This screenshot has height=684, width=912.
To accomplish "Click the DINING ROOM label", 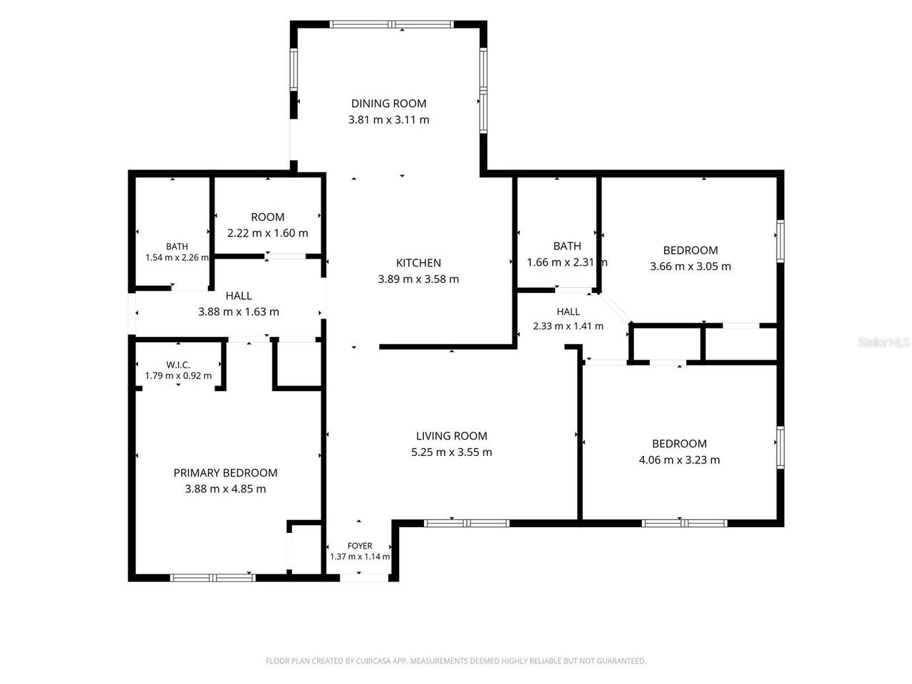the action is tap(388, 103).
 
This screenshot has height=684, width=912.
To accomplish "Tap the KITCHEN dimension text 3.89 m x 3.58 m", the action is tap(418, 279).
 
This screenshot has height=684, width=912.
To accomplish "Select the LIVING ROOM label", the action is tap(451, 435).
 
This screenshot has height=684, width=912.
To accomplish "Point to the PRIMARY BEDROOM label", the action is tap(225, 472).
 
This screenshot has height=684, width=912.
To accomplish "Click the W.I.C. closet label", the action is tap(178, 365).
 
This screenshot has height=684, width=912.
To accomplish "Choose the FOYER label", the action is tap(360, 546).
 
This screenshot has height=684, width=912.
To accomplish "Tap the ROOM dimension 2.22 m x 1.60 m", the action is tap(268, 233).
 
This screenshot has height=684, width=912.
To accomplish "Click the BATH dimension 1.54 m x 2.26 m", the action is tap(177, 257).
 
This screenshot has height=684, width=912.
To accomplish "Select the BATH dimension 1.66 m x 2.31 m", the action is tap(567, 262).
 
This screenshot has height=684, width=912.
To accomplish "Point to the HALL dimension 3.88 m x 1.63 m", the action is tap(239, 312).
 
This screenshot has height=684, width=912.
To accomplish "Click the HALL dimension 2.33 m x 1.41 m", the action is tap(568, 326).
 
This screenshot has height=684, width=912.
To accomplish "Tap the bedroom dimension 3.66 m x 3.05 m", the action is tap(690, 266).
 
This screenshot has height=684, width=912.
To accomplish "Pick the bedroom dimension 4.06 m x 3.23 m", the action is tap(679, 460).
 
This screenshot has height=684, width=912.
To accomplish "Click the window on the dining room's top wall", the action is tap(392, 24).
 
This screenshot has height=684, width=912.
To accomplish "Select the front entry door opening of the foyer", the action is tap(364, 577).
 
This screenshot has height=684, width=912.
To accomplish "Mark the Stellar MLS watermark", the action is tap(883, 342).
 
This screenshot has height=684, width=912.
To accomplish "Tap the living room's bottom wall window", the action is tap(467, 523).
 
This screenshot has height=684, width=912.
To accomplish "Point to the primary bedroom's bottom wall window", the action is tap(213, 578).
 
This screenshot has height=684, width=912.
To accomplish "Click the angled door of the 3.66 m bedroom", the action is tap(615, 308).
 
